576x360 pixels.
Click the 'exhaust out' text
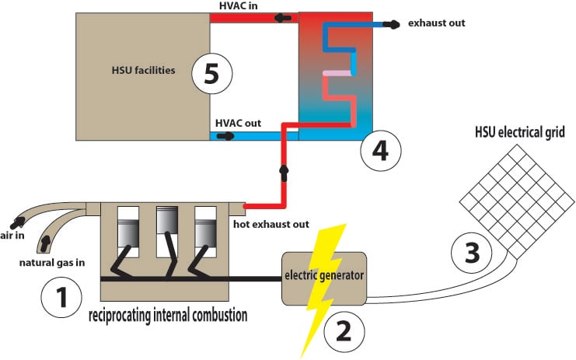coord(436,23)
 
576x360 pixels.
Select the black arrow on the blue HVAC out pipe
coord(225,135)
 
